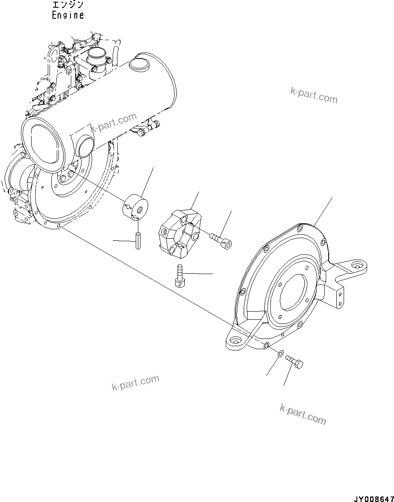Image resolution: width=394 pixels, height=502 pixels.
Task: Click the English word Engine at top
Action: click(67, 15)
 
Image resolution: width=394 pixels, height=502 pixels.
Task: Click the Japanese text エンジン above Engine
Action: click(67, 5)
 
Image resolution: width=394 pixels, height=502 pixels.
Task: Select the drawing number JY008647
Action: click(372, 498)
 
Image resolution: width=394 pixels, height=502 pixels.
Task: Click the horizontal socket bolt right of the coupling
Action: click(221, 239)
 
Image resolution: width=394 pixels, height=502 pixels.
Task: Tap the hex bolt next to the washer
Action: click(295, 362)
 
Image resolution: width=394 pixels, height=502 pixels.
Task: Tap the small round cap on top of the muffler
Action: click(138, 64)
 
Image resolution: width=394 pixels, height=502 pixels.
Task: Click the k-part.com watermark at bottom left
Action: click(135, 382)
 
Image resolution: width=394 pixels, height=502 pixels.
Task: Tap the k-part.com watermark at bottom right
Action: click(303, 414)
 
